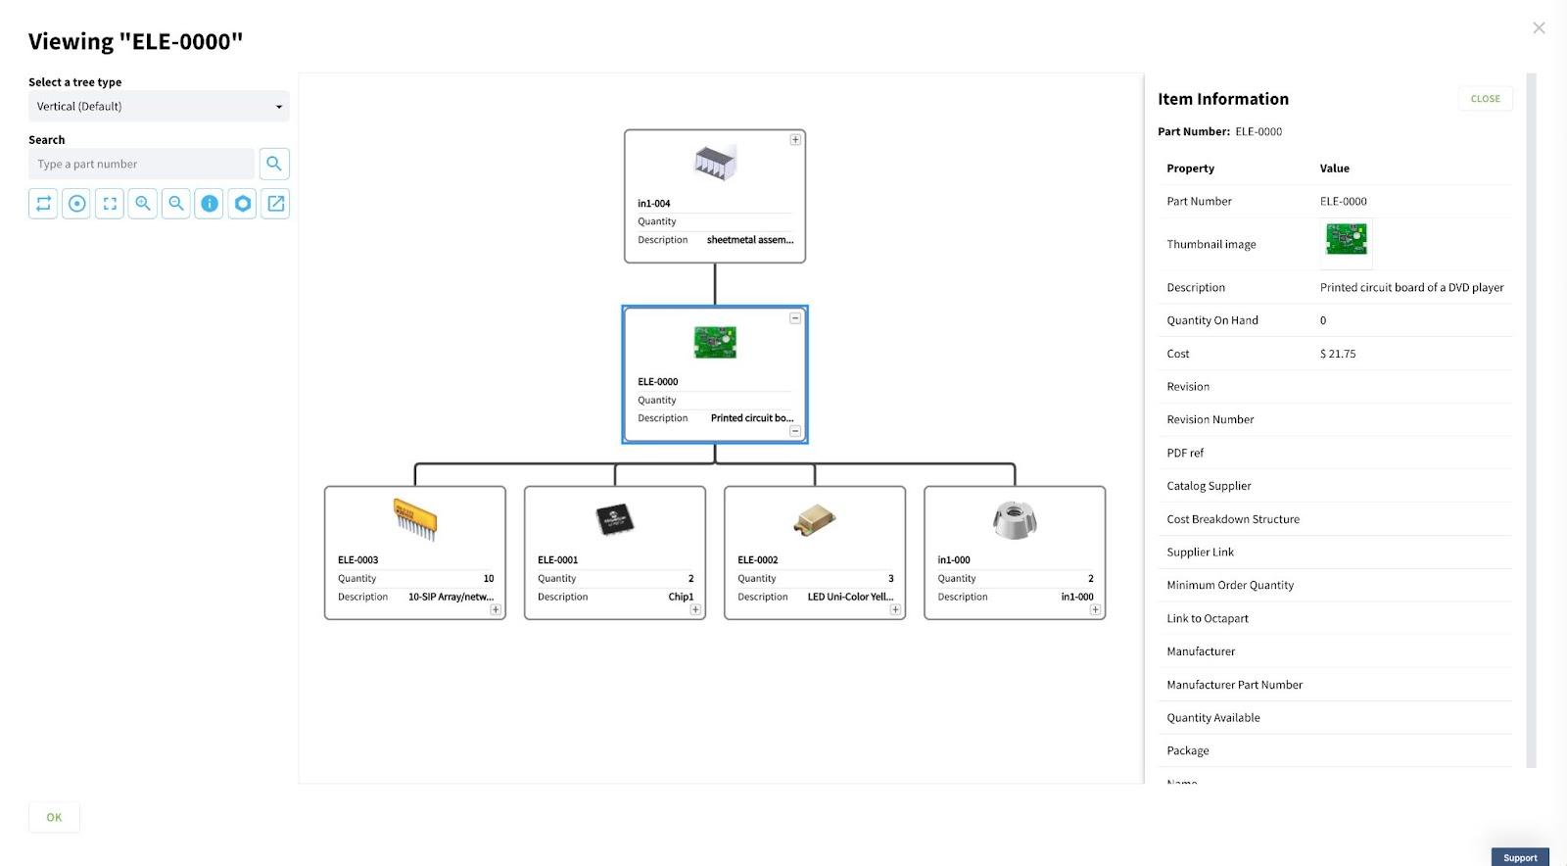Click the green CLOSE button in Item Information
1485,99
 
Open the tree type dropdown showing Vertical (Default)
159,107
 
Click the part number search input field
141,164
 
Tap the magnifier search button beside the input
274,164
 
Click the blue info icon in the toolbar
210,204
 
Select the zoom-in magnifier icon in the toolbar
143,204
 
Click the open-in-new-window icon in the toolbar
275,204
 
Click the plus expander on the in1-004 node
795,140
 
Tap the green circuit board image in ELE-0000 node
715,342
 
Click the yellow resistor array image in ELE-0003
415,520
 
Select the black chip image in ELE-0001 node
615,520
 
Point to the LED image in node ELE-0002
814,520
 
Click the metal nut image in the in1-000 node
1015,520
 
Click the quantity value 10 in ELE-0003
489,579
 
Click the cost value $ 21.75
1338,354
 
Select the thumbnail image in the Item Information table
1347,240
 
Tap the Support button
1520,857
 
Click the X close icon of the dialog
1539,28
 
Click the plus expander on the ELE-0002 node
895,609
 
